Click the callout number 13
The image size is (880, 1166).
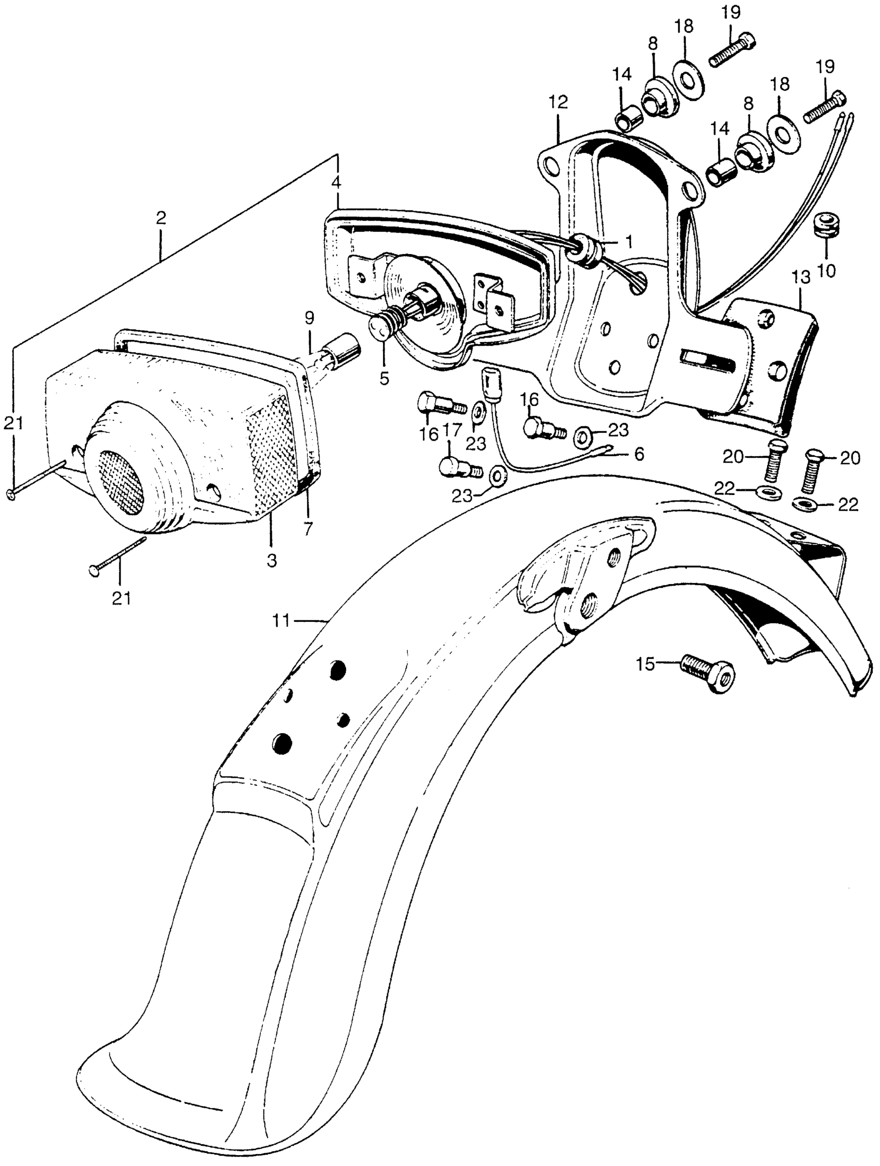point(800,278)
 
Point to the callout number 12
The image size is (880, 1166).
point(558,102)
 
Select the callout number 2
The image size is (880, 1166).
point(161,218)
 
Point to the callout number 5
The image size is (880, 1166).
point(384,378)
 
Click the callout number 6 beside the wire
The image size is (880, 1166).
point(639,454)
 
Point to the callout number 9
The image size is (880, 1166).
point(309,318)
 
